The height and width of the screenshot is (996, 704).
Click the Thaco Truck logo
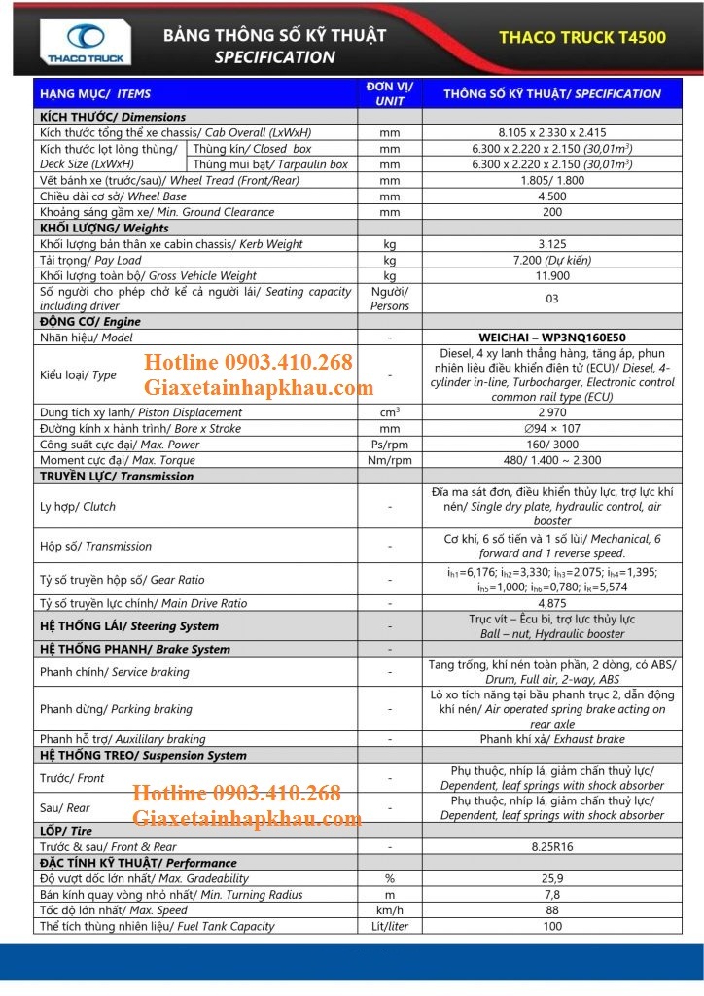[86, 45]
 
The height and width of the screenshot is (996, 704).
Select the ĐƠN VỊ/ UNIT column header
[390, 93]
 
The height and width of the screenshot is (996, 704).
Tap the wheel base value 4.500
[552, 196]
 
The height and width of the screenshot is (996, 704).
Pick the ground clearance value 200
[552, 212]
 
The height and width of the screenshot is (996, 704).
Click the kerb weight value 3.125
[552, 244]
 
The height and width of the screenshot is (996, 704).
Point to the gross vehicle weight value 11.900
[552, 276]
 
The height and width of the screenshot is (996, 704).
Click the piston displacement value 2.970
[552, 412]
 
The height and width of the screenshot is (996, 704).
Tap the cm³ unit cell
[390, 412]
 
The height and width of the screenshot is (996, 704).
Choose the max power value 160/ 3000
[552, 445]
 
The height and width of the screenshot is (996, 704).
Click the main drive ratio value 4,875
[552, 603]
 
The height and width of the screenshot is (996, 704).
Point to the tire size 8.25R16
[552, 846]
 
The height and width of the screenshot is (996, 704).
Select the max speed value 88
[552, 910]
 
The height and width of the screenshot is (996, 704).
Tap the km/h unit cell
[390, 910]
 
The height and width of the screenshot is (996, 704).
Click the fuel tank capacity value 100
[552, 926]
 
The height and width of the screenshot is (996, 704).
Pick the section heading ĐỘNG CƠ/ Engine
[90, 322]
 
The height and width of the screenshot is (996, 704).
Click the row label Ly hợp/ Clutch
[78, 507]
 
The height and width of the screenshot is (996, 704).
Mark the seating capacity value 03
[552, 299]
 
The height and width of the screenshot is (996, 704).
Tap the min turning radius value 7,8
[552, 895]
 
